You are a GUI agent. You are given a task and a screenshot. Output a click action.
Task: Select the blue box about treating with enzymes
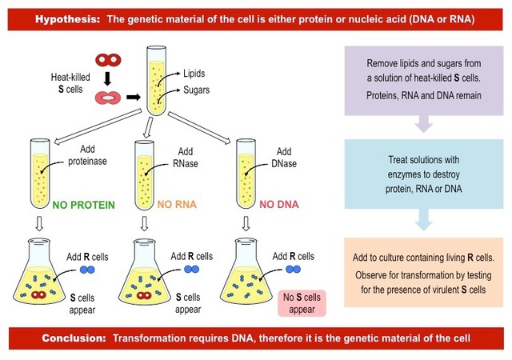click(x=422, y=174)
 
